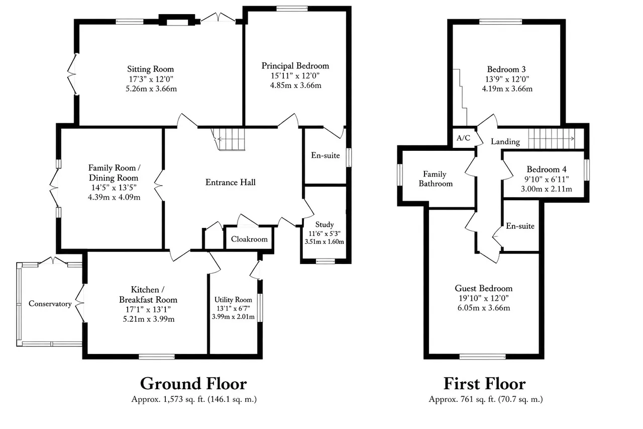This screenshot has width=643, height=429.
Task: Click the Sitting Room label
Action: point(150,69)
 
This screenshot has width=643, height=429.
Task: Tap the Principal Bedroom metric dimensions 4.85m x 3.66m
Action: point(296,85)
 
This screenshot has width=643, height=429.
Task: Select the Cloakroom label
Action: point(249,239)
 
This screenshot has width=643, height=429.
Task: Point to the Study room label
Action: point(325,224)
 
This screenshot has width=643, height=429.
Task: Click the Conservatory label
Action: point(50,304)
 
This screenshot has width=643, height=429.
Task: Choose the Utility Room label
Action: point(233,300)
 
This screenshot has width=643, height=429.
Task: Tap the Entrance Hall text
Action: point(231,182)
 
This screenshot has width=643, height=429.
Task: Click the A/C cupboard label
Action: point(463,138)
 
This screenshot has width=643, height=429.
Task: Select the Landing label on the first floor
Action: point(505,141)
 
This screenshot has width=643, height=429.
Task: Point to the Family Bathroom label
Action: point(436,179)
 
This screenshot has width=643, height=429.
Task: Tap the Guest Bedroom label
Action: point(484,288)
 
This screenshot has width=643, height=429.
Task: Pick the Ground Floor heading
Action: point(193,384)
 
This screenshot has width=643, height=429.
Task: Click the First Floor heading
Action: point(485,384)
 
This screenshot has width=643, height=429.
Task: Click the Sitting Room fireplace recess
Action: point(177,22)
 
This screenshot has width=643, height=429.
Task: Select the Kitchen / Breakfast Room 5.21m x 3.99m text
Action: point(149,319)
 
